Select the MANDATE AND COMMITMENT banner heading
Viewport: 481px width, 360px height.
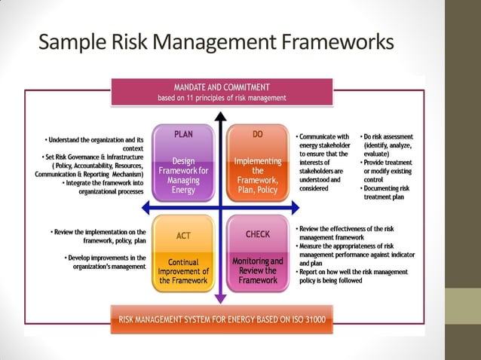coord(222,87)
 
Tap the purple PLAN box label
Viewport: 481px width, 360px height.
coord(183,134)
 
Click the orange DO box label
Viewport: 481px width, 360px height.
coord(257,134)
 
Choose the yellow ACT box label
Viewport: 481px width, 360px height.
coord(183,236)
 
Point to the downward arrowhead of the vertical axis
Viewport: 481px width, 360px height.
coord(220,297)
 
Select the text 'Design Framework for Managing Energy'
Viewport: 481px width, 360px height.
coord(183,175)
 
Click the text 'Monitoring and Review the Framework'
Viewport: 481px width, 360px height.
coord(258,271)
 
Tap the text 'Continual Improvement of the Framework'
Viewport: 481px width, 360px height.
coord(183,272)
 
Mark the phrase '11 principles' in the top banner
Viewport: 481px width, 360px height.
coord(203,97)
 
